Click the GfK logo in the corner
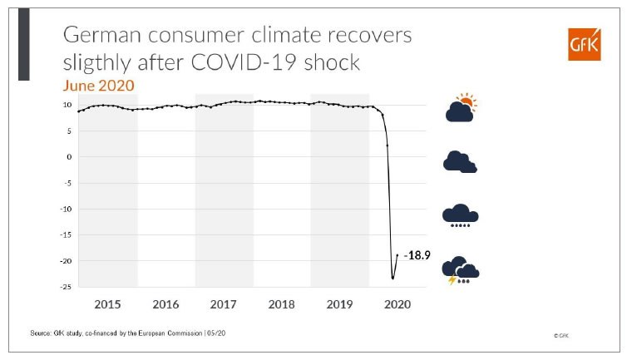(579, 44)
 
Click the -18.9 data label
(418, 256)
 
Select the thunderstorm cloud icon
(461, 271)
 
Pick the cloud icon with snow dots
(460, 215)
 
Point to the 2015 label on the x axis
(108, 304)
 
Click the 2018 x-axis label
(282, 304)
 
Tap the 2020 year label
(397, 304)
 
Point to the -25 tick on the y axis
(62, 287)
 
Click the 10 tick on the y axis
(65, 105)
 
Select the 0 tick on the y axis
(67, 157)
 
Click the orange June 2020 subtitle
(99, 86)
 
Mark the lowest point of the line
(392, 278)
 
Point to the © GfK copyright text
(562, 334)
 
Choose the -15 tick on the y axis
(62, 235)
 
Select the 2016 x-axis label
(166, 304)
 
